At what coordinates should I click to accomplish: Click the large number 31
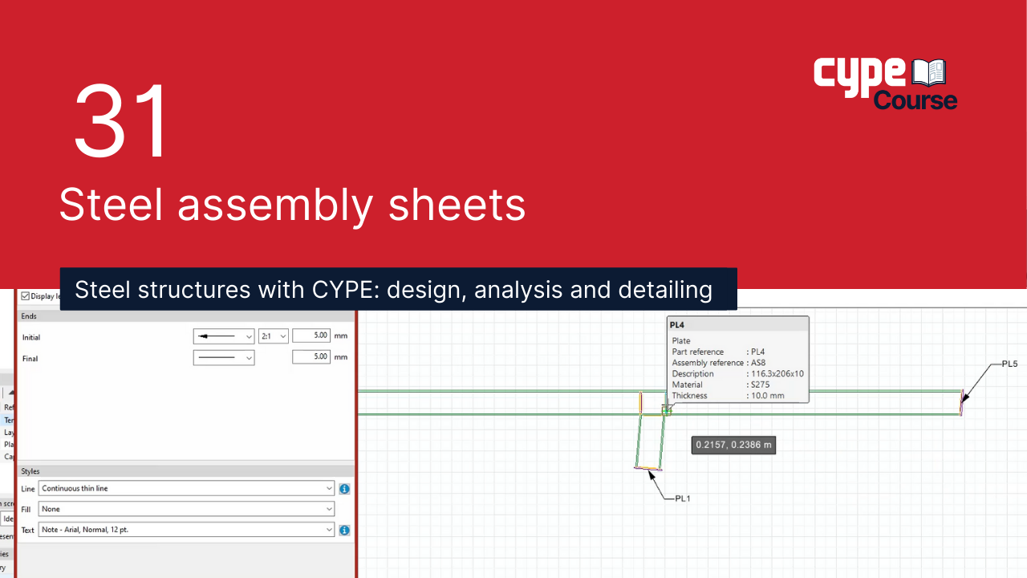pos(122,121)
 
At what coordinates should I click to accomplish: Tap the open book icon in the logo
pos(929,73)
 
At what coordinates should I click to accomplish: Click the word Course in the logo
pos(915,101)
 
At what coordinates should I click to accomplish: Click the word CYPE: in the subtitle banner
pos(340,289)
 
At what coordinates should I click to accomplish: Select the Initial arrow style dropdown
pos(224,336)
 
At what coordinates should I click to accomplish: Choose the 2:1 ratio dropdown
pos(273,336)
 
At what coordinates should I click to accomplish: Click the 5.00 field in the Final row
pos(311,357)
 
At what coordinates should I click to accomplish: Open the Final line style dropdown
pos(224,358)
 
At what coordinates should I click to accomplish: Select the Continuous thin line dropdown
pos(186,488)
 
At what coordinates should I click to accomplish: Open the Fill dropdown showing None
pos(186,509)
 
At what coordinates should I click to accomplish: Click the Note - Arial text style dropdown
pos(186,530)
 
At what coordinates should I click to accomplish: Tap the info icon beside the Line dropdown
pos(344,488)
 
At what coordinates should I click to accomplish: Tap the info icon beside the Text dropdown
pos(344,530)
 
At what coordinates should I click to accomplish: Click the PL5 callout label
pos(1009,364)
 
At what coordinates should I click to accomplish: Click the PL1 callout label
pos(683,499)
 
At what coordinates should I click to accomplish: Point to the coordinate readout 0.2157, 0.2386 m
pos(733,445)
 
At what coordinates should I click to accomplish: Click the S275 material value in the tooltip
pos(761,385)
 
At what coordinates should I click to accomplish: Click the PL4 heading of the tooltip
pos(677,324)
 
